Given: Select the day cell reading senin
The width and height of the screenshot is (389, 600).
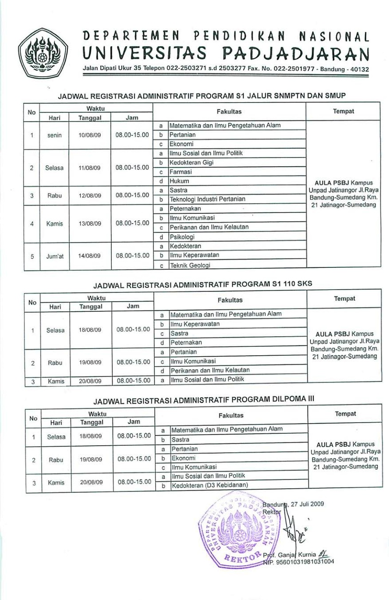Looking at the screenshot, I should [55, 135].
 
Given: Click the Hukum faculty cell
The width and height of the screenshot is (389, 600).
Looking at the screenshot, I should [179, 181].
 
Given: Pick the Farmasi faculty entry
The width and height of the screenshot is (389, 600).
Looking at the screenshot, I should [181, 172].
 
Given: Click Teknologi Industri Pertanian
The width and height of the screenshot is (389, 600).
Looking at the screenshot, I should [207, 199].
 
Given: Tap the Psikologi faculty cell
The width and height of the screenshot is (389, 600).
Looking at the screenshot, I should [182, 237].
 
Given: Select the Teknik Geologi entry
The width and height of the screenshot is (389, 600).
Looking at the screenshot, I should [190, 265].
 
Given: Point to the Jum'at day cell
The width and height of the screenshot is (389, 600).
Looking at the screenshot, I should [55, 255].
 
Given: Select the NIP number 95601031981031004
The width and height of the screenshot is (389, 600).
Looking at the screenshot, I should [302, 562].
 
